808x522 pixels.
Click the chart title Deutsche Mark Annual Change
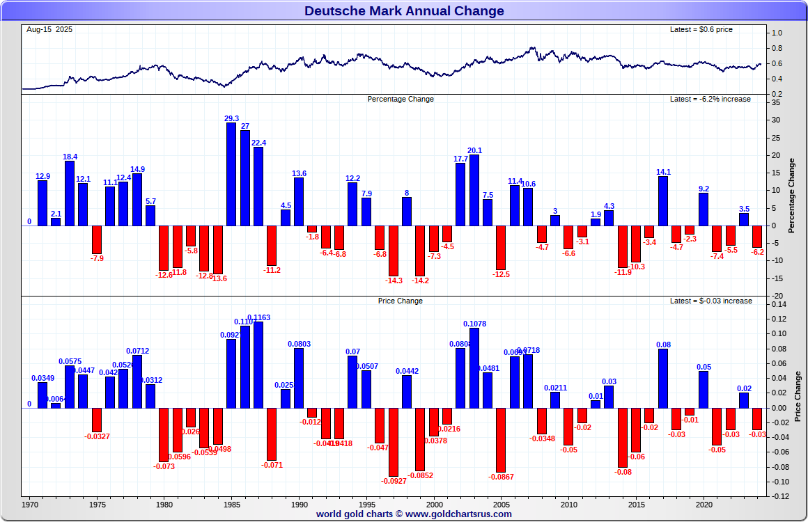[x=404, y=11]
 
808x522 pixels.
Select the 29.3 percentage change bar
[x=231, y=174]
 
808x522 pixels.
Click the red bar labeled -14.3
[x=394, y=251]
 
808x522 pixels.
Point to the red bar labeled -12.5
[x=501, y=247]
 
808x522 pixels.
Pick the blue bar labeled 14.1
[x=663, y=200]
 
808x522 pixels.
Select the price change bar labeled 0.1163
[x=258, y=365]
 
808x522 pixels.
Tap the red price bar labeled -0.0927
[x=394, y=442]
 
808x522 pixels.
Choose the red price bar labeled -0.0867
[x=501, y=440]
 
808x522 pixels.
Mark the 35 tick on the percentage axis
[x=776, y=102]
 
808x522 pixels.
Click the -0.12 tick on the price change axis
[x=780, y=496]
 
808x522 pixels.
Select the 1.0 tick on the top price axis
[x=777, y=33]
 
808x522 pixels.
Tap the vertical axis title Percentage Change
[x=791, y=196]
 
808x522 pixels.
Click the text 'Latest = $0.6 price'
[x=701, y=29]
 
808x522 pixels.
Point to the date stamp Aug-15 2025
[x=49, y=29]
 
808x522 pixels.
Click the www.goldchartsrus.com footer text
[x=458, y=514]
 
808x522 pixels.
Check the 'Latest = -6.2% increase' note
[x=710, y=99]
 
